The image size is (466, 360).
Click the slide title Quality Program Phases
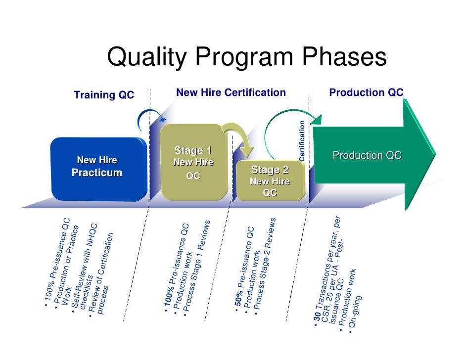pos(246,57)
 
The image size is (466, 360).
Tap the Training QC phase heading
pos(104,95)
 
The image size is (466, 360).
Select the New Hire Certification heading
pos(231,92)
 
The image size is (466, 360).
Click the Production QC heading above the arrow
pos(367,92)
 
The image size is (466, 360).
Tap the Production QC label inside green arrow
pos(367,155)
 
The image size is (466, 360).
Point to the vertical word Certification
pos(302,140)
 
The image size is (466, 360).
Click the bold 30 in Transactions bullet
pos(317,322)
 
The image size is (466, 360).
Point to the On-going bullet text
pos(357,314)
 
